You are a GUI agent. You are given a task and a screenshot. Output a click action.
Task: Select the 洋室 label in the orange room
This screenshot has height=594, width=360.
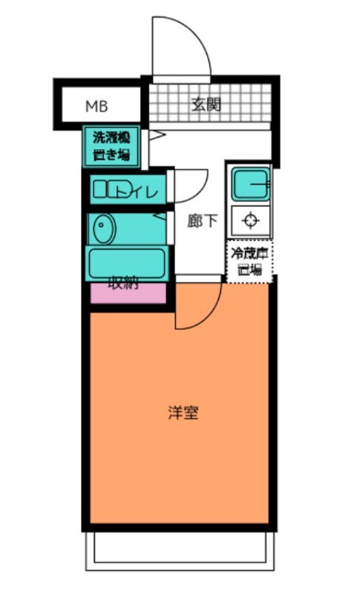coord(183,414)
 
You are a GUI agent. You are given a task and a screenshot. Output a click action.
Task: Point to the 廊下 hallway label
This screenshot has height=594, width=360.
coord(202,221)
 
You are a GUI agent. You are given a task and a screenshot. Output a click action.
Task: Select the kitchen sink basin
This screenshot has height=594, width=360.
coord(249,183)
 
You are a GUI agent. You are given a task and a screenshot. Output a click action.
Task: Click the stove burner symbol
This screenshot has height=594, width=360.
coord(249,221)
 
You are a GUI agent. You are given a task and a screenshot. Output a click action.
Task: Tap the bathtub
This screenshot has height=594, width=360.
coord(126,261)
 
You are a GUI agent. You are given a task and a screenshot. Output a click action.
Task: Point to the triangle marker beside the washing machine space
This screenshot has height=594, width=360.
coord(157,136)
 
